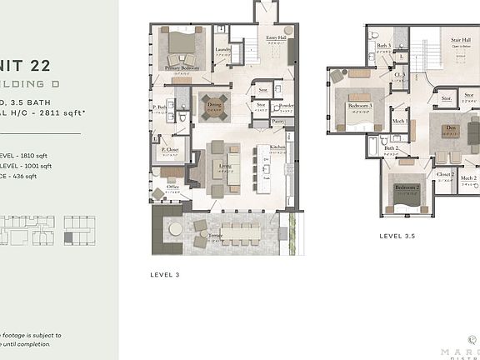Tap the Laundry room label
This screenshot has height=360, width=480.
pos(222,48)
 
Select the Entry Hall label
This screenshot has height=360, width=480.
pos(276,38)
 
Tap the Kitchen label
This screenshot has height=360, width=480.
pos(277,147)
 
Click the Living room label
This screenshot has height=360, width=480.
pos(224,166)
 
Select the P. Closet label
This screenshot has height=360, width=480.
pos(171,152)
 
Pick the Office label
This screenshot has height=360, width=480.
pos(172,187)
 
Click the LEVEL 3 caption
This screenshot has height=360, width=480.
pos(165,273)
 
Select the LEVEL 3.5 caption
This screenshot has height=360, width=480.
pos(397,236)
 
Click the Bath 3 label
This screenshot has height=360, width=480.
pos(383,46)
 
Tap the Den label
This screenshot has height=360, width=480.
pos(450,127)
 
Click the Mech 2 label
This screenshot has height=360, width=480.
pos(468,177)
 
